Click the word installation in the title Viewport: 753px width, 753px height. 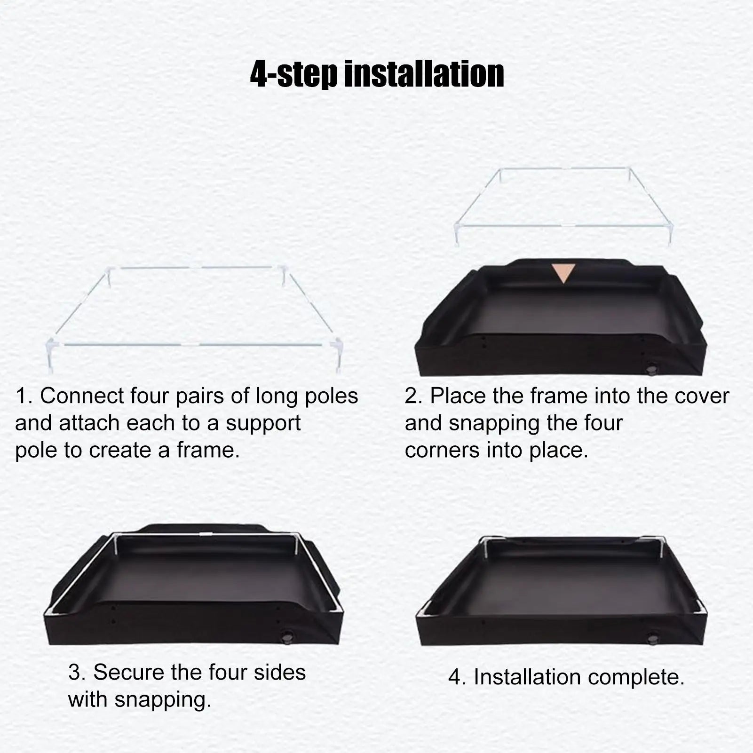pyautogui.click(x=424, y=74)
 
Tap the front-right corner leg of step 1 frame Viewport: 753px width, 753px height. pyautogui.click(x=338, y=355)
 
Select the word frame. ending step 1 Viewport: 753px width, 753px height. pyautogui.click(x=208, y=451)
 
